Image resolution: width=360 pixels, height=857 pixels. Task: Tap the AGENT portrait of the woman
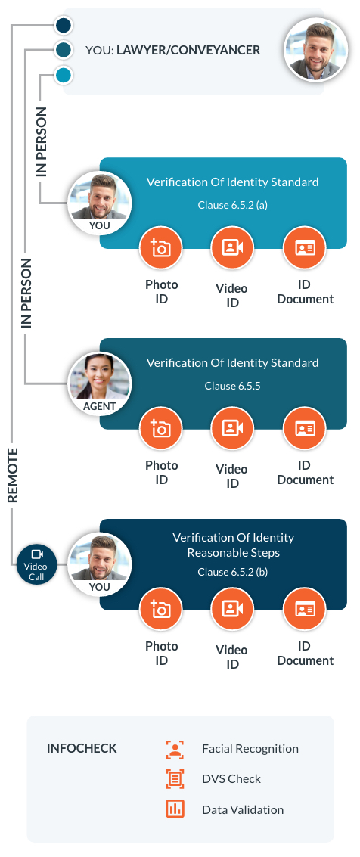[99, 383]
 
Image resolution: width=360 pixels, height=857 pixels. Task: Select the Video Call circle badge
[36, 564]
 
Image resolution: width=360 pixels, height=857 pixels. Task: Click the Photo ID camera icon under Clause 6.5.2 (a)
[160, 247]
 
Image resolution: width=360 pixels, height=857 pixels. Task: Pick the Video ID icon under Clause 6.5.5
[232, 428]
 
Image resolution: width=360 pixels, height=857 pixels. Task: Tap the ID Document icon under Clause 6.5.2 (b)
[304, 609]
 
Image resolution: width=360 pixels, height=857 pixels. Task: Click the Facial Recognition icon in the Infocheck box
[175, 750]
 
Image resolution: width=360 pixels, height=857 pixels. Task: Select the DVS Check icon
[175, 779]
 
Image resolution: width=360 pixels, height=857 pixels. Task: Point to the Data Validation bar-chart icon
[175, 809]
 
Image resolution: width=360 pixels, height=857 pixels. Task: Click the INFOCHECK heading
[82, 748]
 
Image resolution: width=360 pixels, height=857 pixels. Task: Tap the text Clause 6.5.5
[232, 386]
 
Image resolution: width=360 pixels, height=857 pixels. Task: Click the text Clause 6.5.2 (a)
[232, 205]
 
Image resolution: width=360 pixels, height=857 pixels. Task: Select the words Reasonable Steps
[233, 553]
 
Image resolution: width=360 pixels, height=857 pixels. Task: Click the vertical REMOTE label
[13, 475]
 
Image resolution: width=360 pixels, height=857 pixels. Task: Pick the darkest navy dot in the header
[64, 25]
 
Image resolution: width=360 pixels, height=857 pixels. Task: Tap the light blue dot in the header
[64, 75]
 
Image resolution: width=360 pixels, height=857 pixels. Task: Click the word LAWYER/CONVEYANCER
[188, 50]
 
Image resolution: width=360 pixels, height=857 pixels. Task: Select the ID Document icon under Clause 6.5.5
[304, 428]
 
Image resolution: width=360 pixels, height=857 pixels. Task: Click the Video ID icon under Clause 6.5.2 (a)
[232, 247]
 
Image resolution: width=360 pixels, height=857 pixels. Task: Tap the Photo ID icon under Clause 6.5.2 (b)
[160, 609]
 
